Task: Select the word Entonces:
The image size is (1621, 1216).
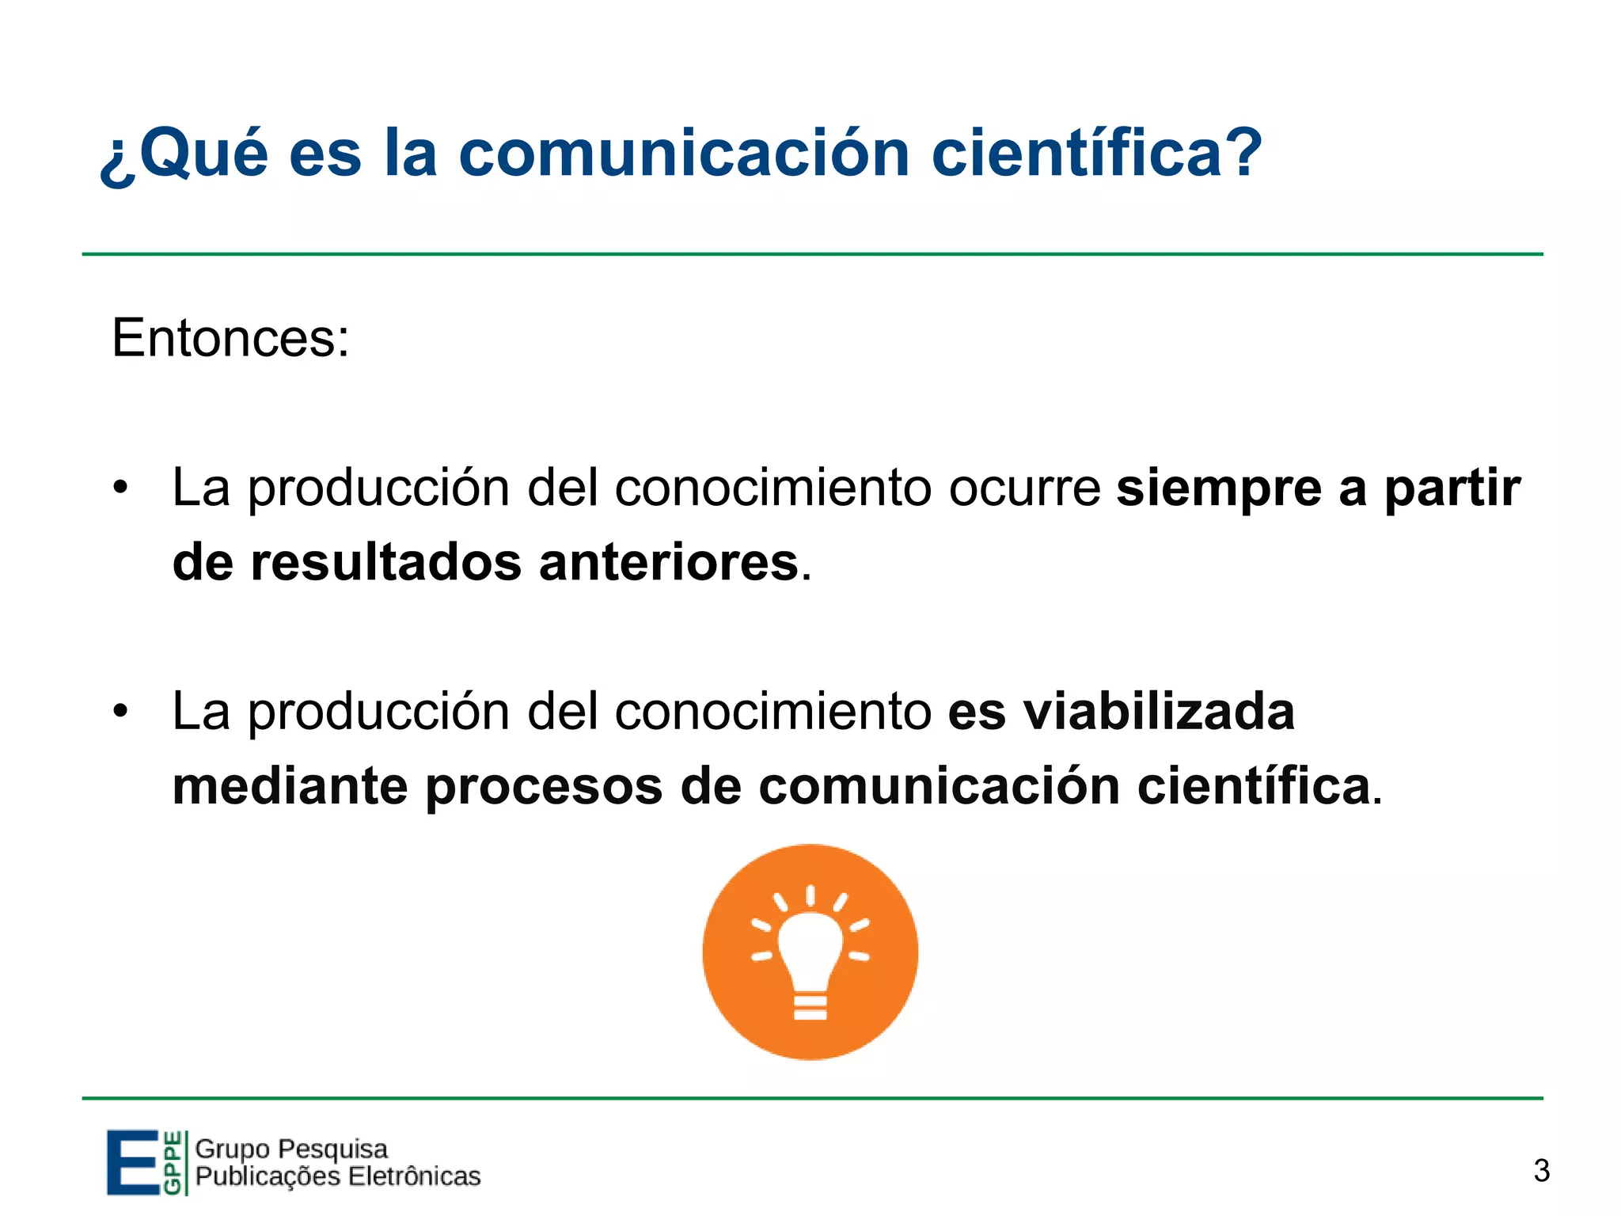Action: pyautogui.click(x=230, y=339)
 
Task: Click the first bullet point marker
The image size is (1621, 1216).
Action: pyautogui.click(x=120, y=486)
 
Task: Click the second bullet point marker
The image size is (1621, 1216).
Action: pyautogui.click(x=120, y=710)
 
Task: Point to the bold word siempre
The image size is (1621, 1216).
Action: pyautogui.click(x=1219, y=489)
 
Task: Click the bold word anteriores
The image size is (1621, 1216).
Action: pyautogui.click(x=669, y=563)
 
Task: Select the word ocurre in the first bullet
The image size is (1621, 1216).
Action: pyautogui.click(x=1024, y=488)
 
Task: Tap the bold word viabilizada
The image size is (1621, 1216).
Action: pyautogui.click(x=1159, y=711)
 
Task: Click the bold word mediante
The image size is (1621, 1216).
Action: pyautogui.click(x=290, y=787)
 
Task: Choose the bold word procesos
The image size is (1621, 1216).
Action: pyautogui.click(x=544, y=788)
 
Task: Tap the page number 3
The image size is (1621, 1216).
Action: pyautogui.click(x=1541, y=1171)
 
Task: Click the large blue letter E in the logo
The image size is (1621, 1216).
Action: pyautogui.click(x=132, y=1162)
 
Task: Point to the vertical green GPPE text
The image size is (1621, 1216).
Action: pyautogui.click(x=172, y=1163)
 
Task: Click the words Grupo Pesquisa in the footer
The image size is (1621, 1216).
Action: pyautogui.click(x=291, y=1149)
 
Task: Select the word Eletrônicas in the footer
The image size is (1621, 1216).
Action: pyautogui.click(x=414, y=1176)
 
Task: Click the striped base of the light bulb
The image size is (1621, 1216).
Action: pyautogui.click(x=810, y=1007)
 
